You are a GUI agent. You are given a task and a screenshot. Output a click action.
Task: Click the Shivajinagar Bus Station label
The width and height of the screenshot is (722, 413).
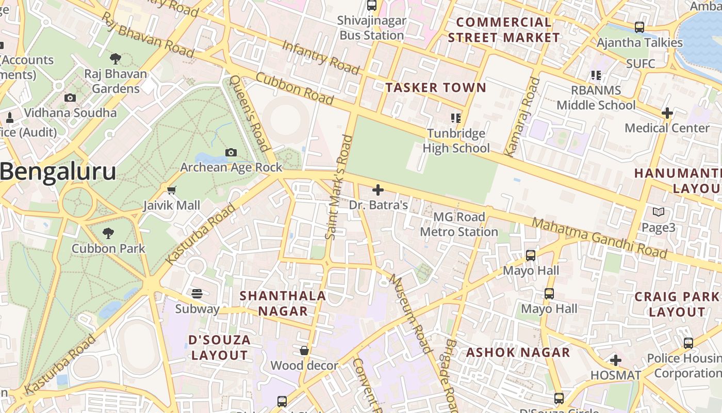[x=372, y=28]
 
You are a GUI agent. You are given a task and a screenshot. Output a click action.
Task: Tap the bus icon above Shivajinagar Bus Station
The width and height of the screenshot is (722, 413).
[x=372, y=6]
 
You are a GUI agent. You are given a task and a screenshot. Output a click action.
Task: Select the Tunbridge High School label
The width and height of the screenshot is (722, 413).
[x=456, y=141]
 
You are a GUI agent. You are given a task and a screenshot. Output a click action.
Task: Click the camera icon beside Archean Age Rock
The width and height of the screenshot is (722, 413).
[x=231, y=152]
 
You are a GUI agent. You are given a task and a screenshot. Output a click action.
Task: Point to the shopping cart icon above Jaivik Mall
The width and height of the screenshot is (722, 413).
[x=172, y=190]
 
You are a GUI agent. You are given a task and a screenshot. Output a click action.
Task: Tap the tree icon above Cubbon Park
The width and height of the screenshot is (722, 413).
[x=108, y=233]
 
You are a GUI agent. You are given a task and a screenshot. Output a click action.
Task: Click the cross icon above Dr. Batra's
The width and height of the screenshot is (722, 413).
[x=378, y=190]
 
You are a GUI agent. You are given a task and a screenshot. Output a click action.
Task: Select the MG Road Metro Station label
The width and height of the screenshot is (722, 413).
[x=459, y=225]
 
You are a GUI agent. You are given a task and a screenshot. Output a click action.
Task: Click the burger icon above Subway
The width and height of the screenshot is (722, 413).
[x=197, y=294]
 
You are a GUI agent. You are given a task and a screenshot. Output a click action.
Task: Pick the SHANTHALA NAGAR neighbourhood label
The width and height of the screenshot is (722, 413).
[x=283, y=303]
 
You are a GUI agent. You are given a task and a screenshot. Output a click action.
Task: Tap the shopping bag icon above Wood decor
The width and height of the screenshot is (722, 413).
[x=304, y=351]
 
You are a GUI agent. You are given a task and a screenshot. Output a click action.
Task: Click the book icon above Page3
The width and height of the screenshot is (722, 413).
[x=659, y=212]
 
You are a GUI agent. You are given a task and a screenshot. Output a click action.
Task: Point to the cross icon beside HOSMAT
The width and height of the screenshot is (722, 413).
[x=616, y=360]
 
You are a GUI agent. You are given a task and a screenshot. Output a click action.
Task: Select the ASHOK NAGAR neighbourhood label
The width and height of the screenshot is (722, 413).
[x=518, y=353]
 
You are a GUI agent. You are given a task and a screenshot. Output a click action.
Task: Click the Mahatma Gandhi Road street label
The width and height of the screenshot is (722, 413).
[x=599, y=238]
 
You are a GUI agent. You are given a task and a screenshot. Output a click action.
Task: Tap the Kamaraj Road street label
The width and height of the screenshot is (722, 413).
[x=522, y=117]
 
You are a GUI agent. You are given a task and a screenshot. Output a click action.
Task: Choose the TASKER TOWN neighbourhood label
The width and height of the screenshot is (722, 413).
[x=436, y=88]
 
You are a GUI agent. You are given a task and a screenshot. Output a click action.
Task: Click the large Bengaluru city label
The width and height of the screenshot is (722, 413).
[x=58, y=171]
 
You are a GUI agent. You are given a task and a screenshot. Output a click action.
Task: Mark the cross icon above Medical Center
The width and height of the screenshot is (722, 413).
[x=667, y=113]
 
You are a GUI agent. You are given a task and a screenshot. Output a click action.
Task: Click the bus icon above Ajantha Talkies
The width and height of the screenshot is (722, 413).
[x=639, y=27]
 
